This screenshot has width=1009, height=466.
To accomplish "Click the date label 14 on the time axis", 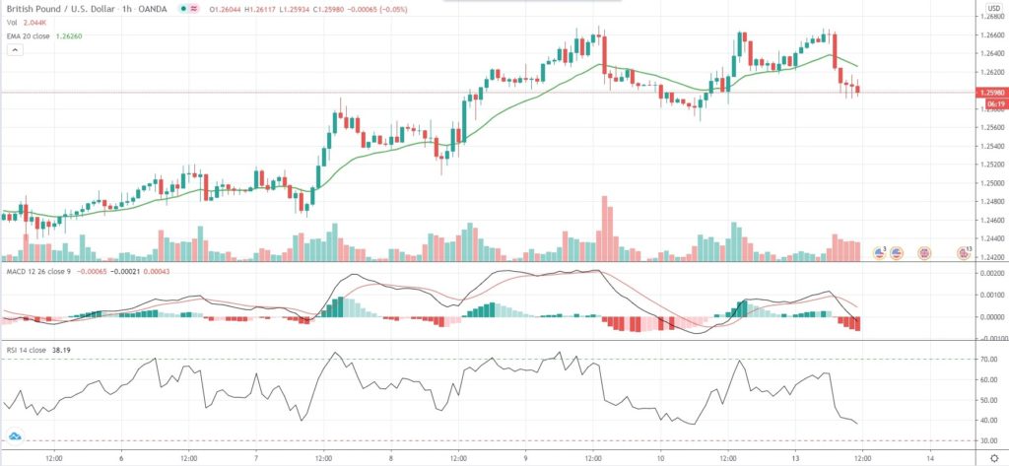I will coord(930,458).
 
